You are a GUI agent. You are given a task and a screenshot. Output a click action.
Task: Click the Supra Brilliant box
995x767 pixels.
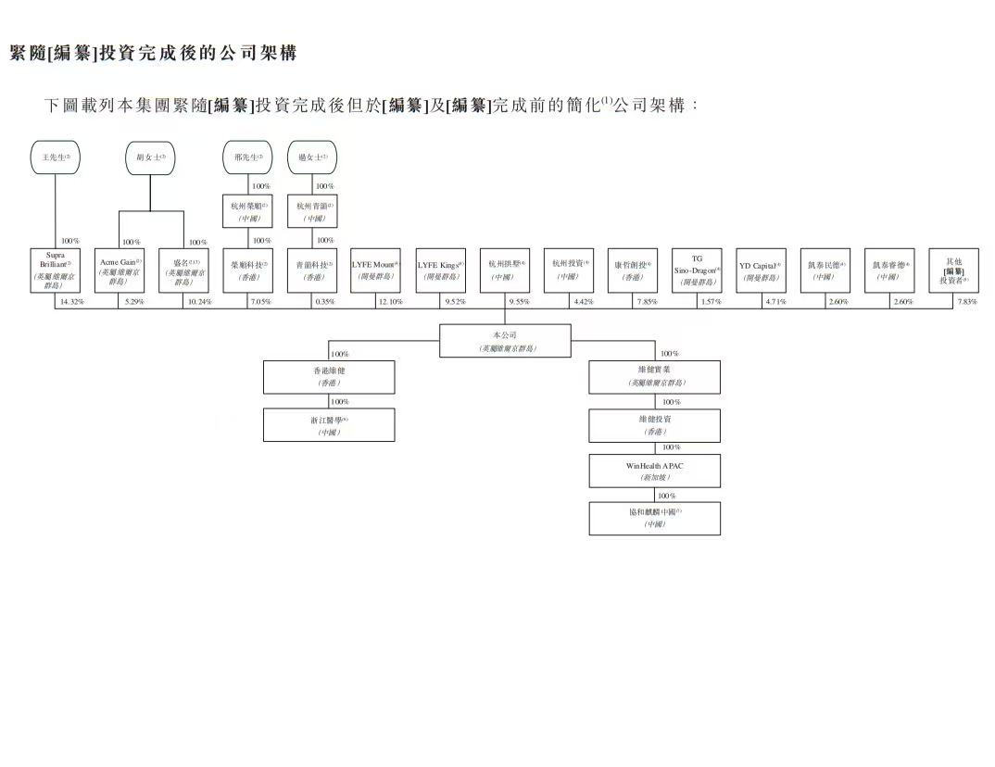[x=55, y=270]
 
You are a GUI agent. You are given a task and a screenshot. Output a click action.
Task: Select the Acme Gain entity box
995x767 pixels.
[x=120, y=270]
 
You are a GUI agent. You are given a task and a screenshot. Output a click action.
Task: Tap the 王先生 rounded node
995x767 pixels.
[x=55, y=157]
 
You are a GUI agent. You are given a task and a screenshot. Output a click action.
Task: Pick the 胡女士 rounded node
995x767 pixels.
[x=151, y=157]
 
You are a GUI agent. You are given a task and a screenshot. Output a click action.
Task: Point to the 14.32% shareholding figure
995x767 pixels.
[x=71, y=302]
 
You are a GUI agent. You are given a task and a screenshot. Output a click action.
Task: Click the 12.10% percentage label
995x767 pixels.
[x=390, y=302]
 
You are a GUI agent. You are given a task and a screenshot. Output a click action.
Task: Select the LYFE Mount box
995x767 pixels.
[x=375, y=270]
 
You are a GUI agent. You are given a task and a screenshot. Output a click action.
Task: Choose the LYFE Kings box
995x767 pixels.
[x=440, y=270]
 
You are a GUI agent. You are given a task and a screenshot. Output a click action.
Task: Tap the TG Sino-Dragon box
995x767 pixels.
[x=697, y=270]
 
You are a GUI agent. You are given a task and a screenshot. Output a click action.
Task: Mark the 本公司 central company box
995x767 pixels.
[x=505, y=340]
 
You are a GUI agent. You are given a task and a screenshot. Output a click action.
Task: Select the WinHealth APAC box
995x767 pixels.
[x=654, y=471]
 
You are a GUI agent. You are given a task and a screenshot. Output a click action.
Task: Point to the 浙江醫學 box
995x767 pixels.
[x=329, y=424]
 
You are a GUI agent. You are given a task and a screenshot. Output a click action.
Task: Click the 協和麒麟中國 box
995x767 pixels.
[x=654, y=517]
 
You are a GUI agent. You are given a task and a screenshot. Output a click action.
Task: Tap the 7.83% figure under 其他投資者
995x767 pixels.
[x=967, y=302]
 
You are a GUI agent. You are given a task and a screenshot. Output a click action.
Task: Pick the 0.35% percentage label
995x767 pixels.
[x=325, y=302]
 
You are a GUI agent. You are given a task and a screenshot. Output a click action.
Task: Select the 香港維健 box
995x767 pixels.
[x=329, y=376]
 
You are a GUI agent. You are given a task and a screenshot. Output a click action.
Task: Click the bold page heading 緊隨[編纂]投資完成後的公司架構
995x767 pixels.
[x=153, y=53]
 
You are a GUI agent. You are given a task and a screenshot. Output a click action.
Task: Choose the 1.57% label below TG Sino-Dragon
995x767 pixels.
[x=711, y=302]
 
